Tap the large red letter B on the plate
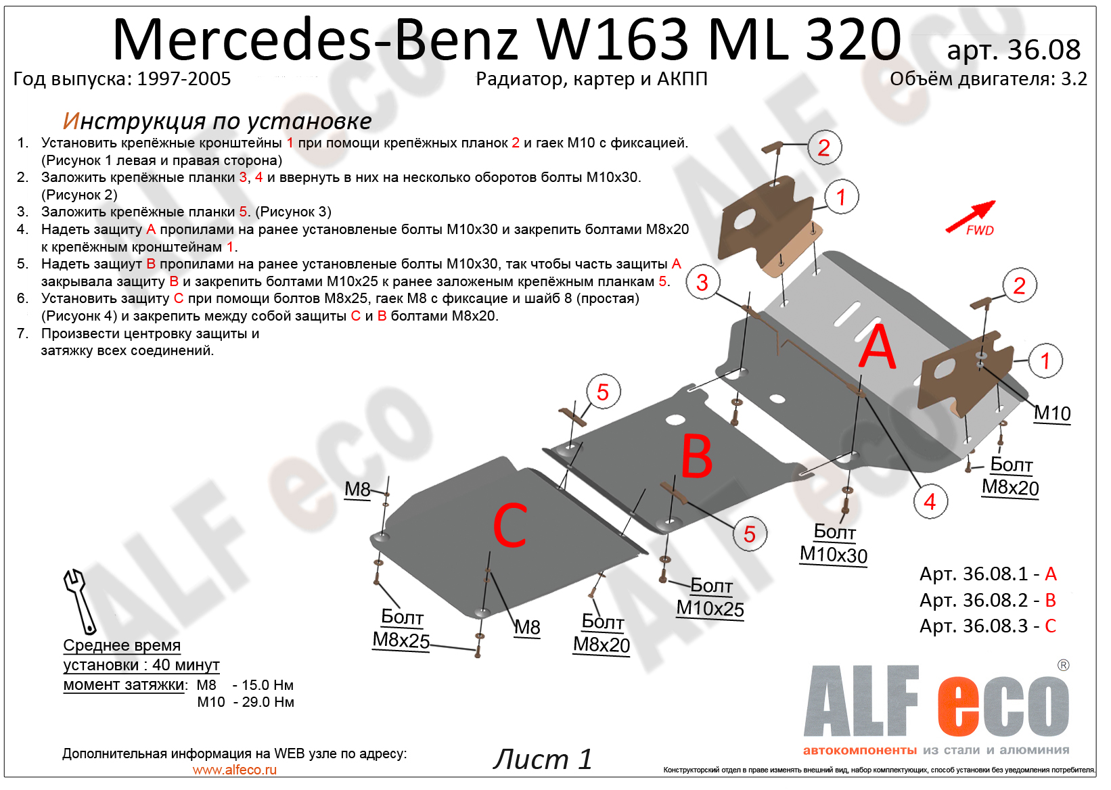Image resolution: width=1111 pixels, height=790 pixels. (x=697, y=456)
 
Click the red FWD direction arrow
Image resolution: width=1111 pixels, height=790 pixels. (x=970, y=216)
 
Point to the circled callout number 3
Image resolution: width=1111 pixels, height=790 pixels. (x=702, y=282)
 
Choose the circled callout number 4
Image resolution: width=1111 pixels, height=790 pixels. (x=930, y=502)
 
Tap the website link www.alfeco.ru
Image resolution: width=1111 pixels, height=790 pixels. (x=234, y=770)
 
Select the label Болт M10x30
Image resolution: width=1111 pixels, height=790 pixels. (x=834, y=544)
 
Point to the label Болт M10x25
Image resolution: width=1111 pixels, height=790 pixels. (x=710, y=597)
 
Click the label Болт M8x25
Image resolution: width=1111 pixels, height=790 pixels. (x=401, y=628)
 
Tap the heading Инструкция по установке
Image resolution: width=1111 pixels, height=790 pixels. (x=217, y=121)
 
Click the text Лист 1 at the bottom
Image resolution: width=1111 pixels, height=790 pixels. (x=542, y=759)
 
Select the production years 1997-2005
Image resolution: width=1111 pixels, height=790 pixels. (x=184, y=79)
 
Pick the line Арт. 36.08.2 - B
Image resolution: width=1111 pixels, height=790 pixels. (x=987, y=600)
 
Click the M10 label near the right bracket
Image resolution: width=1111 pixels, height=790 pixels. (x=1052, y=413)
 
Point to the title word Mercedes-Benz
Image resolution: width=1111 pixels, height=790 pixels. (x=315, y=39)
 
